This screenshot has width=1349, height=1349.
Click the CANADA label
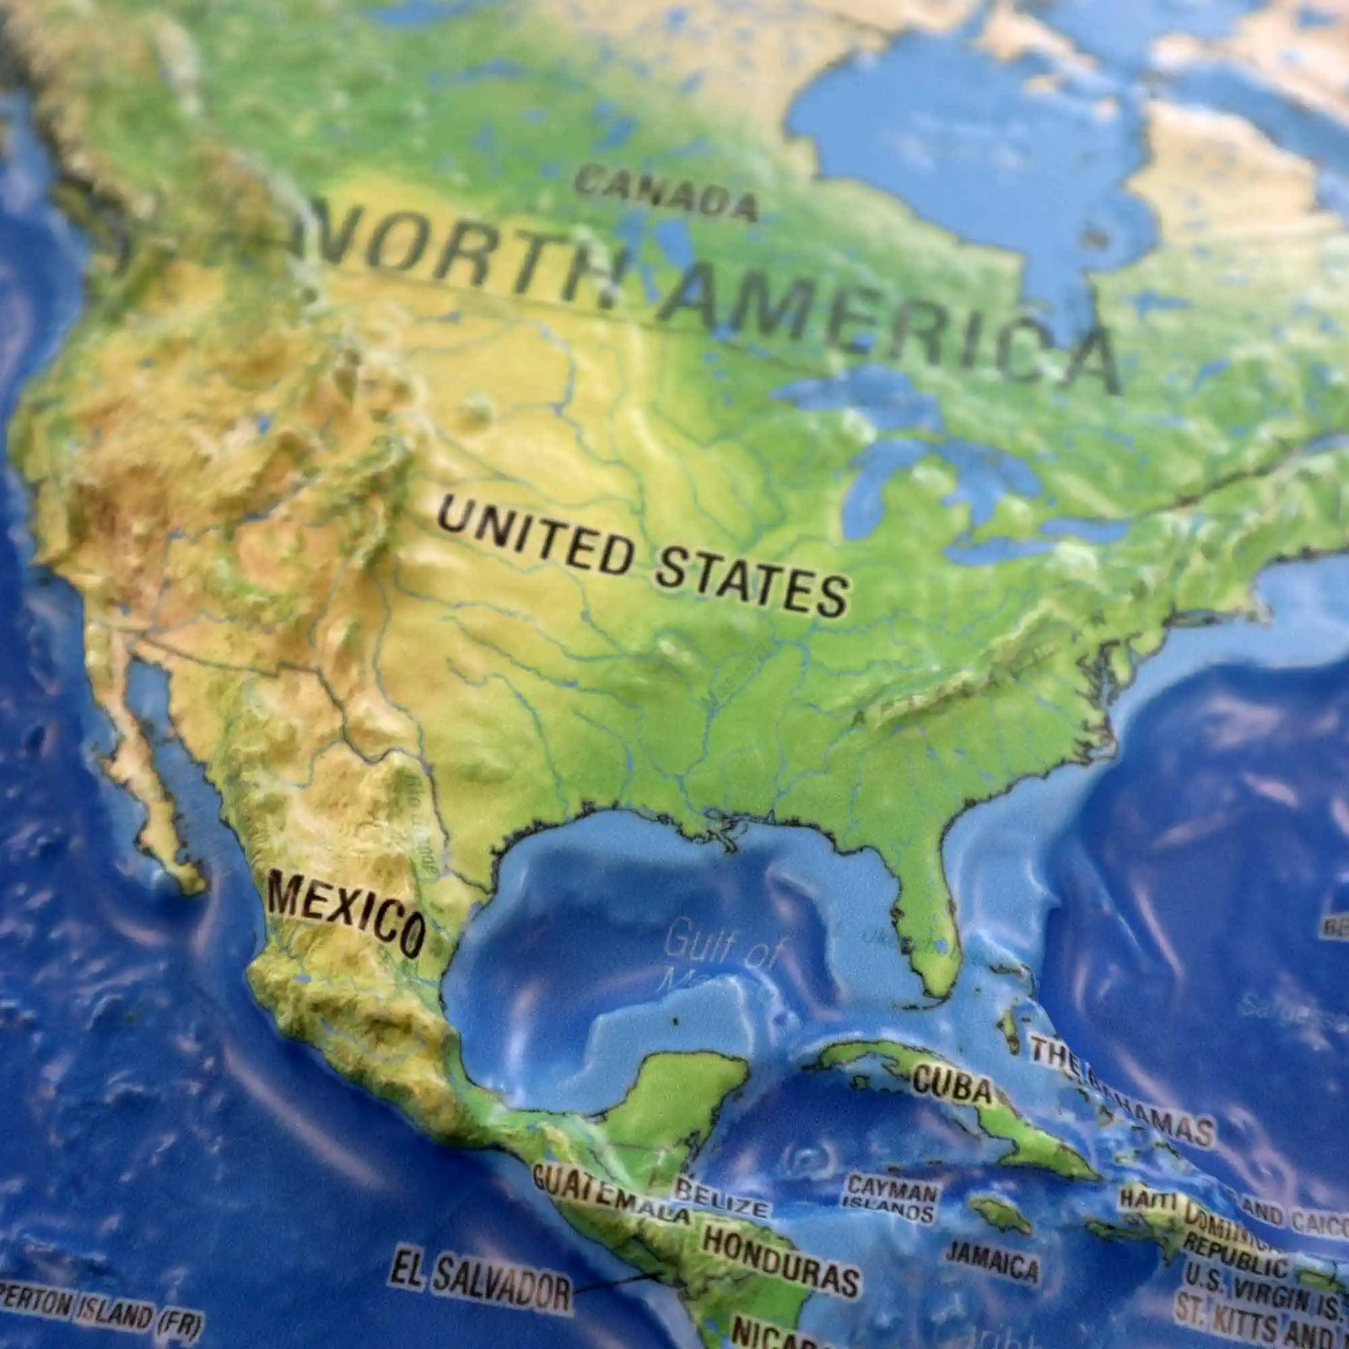(x=667, y=194)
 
